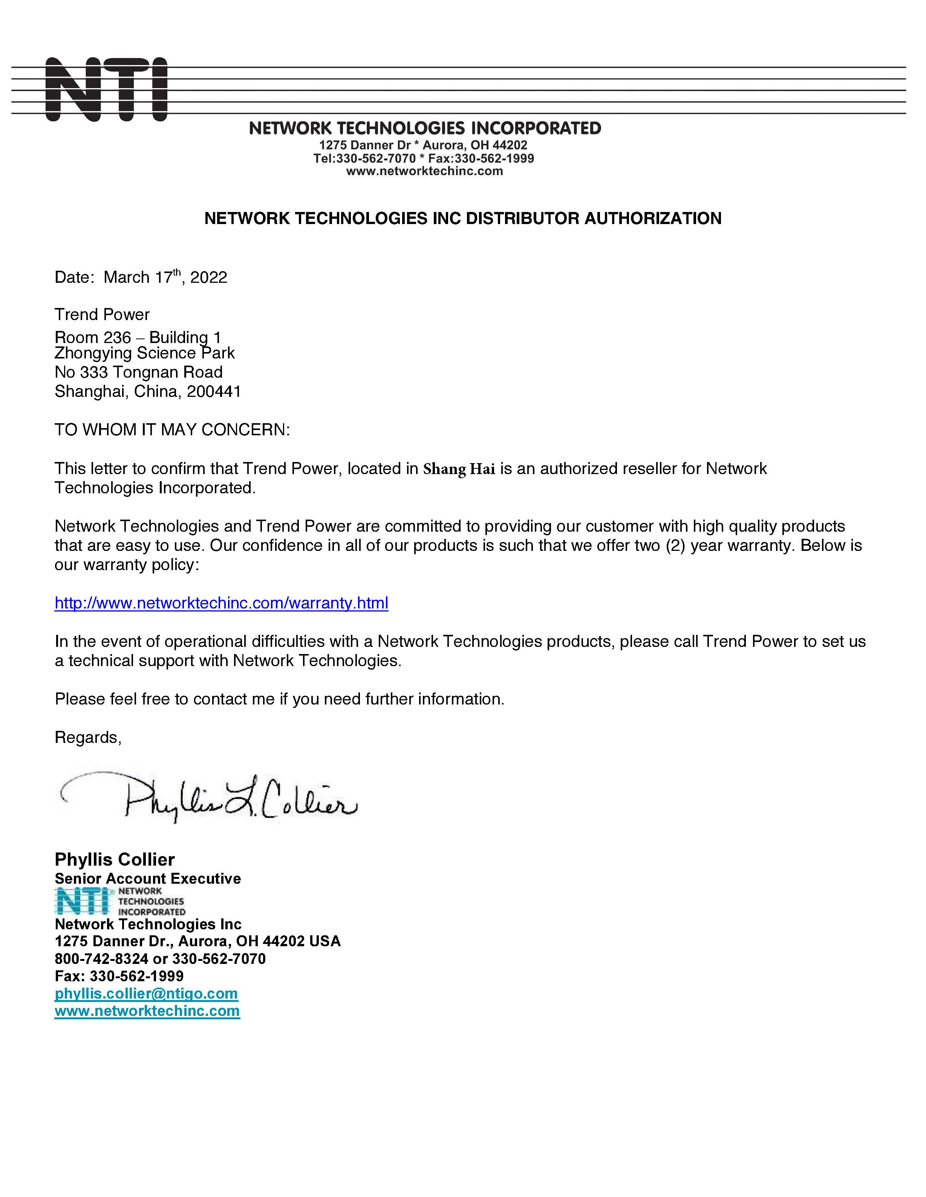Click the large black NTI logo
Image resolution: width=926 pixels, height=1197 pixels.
click(x=106, y=89)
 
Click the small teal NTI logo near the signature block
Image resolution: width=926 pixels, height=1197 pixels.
click(x=82, y=901)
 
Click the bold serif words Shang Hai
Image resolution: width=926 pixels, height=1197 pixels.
click(x=459, y=469)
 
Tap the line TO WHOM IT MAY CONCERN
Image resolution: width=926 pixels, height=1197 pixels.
click(x=172, y=430)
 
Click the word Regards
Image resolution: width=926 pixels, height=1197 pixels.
click(x=87, y=737)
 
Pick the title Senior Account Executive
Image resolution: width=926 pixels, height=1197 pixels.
click(x=148, y=878)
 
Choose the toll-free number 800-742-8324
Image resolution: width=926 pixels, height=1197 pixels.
click(x=101, y=959)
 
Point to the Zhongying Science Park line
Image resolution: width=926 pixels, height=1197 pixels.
click(x=144, y=353)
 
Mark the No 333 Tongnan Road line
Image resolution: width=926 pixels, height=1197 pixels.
click(x=138, y=372)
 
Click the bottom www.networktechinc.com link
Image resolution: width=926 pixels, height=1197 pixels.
click(x=147, y=1011)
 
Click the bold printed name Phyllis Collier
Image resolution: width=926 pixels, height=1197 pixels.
click(x=115, y=859)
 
